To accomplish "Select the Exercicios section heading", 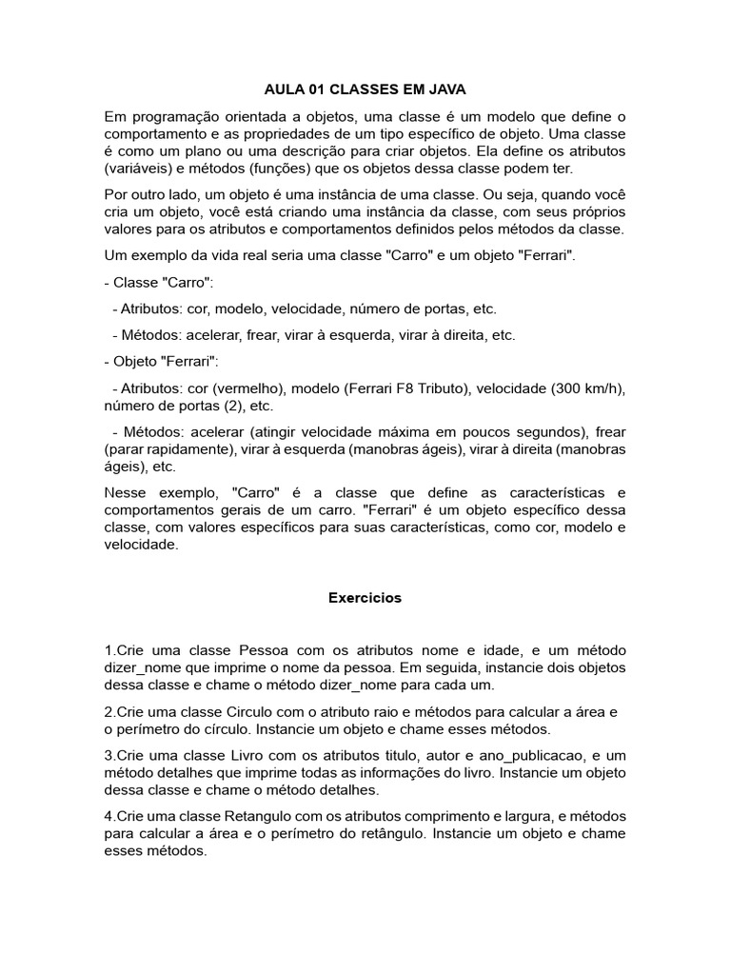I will pos(365,598).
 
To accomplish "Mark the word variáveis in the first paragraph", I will pos(140,169).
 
